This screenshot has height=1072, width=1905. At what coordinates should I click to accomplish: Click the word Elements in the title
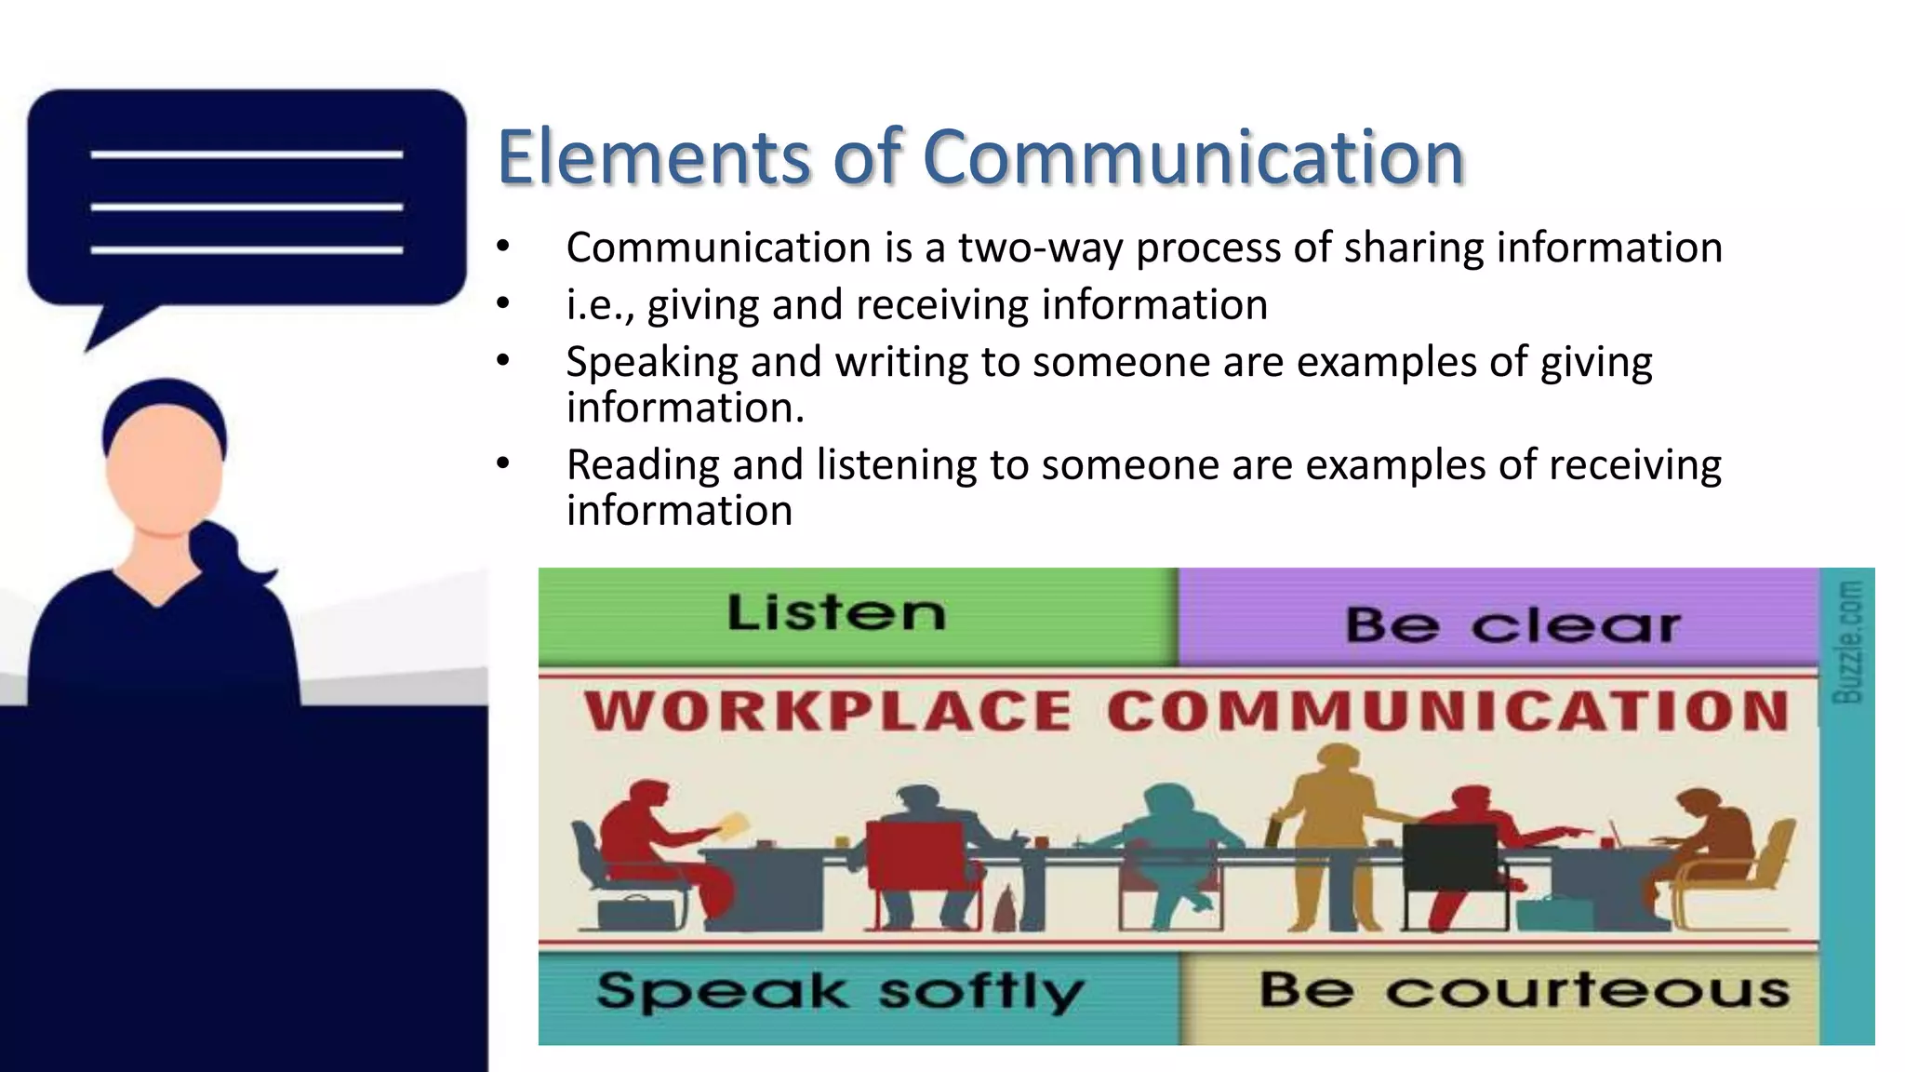pos(654,157)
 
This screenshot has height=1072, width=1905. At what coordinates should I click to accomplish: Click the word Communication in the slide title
pos(1193,157)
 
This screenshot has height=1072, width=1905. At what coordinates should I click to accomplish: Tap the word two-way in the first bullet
pos(1040,248)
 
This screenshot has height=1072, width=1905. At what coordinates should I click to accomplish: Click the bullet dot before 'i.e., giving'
pos(503,303)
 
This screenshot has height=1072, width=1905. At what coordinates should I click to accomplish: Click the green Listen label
pos(835,614)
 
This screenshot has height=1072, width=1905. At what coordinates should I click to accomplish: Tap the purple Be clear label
pos(1512,624)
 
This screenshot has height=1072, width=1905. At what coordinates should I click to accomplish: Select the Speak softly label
pos(840,992)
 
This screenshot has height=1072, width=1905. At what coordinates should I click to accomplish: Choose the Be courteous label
pos(1524,990)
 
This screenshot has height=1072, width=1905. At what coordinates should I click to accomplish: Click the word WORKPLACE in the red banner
pos(828,712)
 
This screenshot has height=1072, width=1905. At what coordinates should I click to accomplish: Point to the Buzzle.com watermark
pos(1847,642)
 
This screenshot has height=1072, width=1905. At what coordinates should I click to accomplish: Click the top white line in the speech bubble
pos(246,154)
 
